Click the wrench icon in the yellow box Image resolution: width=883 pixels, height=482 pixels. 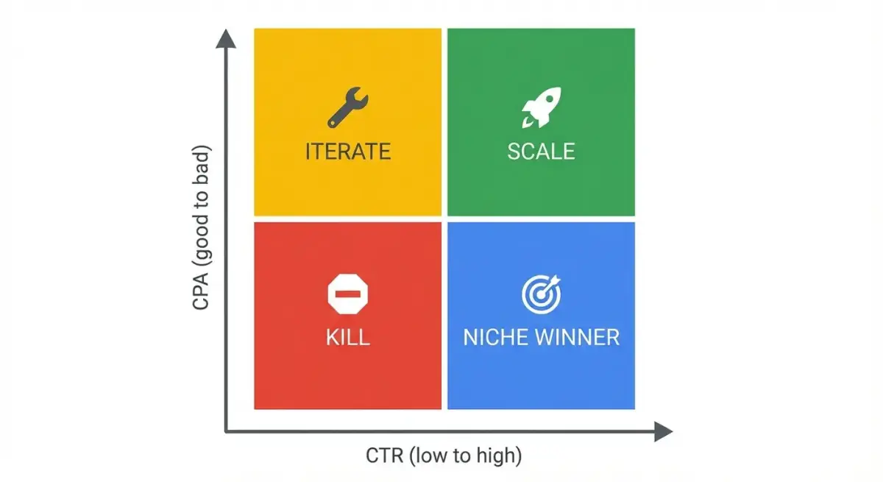[x=347, y=107]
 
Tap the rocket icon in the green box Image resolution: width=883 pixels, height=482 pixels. [x=541, y=107]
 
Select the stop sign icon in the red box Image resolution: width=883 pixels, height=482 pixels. [x=347, y=294]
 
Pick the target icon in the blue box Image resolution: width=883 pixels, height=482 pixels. [x=541, y=294]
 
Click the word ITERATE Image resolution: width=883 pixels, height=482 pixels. [x=347, y=152]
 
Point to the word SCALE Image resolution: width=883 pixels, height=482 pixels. [x=541, y=152]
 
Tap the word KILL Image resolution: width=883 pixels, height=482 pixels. [x=347, y=338]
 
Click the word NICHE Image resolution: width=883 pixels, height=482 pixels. [x=494, y=338]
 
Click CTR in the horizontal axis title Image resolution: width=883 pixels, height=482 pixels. [x=384, y=456]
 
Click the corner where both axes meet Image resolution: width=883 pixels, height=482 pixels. [x=226, y=431]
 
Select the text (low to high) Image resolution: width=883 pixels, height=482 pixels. [x=465, y=456]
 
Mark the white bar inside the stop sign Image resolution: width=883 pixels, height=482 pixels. [x=347, y=294]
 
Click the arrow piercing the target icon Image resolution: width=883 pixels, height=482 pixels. [x=553, y=282]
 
